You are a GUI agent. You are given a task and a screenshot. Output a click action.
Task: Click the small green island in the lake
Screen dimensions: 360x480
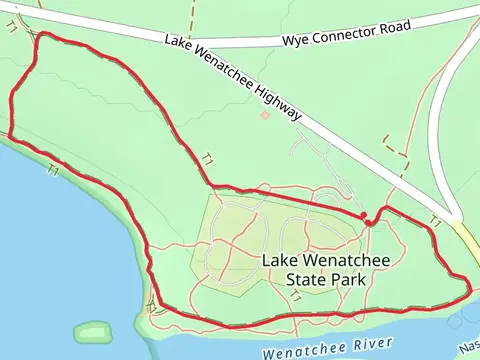coord(95,331)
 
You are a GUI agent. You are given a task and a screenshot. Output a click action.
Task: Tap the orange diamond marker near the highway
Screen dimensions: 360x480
coord(265,115)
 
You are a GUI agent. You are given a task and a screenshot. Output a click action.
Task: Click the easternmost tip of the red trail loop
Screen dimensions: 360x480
coord(470,290)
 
